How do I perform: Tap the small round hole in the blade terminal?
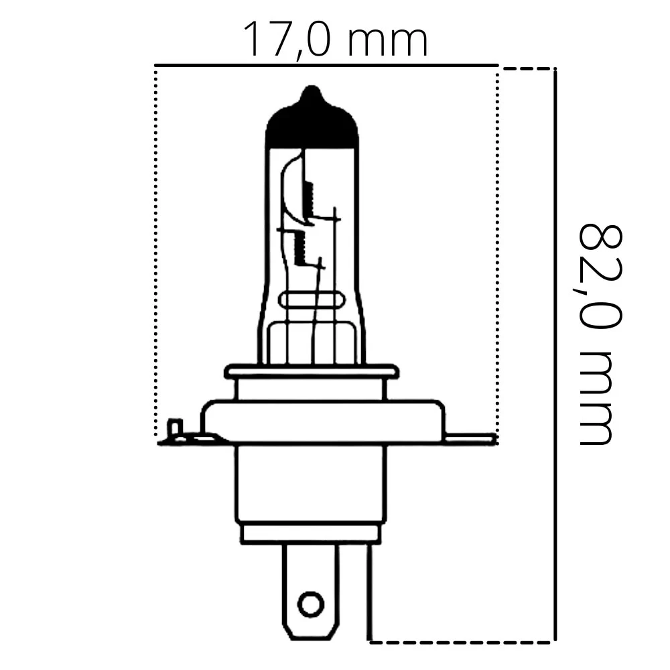pyautogui.click(x=310, y=604)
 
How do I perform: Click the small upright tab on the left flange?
pyautogui.click(x=175, y=427)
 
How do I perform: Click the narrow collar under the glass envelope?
pyautogui.click(x=312, y=373)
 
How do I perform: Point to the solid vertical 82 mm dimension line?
pyautogui.click(x=555, y=355)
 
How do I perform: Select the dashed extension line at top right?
pyautogui.click(x=527, y=68)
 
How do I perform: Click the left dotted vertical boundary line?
pyautogui.click(x=156, y=255)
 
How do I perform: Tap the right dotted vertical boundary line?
pyautogui.click(x=497, y=255)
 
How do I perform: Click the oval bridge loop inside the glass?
pyautogui.click(x=312, y=301)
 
